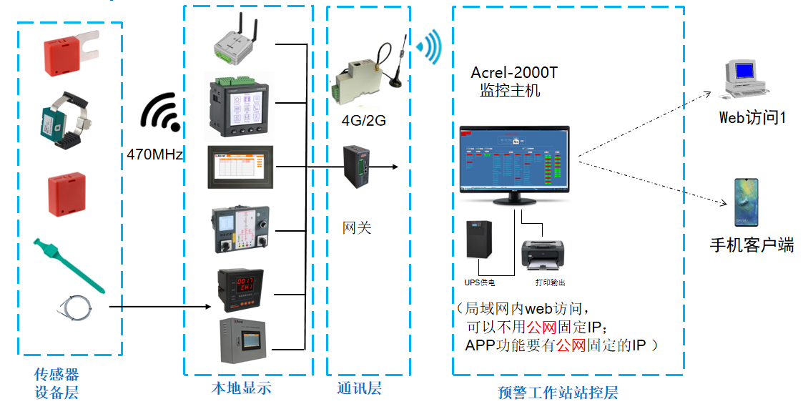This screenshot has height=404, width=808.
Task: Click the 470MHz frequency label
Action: pyautogui.click(x=155, y=154)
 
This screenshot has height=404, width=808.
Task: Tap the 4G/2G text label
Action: pyautogui.click(x=363, y=120)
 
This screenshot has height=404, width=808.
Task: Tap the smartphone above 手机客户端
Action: pyautogui.click(x=744, y=202)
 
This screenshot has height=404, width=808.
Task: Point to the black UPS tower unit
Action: pyautogui.click(x=478, y=240)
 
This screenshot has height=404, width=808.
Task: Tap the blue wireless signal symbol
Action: pyautogui.click(x=430, y=46)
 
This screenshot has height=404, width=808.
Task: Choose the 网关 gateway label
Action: pyautogui.click(x=357, y=228)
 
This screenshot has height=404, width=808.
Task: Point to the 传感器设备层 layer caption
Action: pyautogui.click(x=56, y=383)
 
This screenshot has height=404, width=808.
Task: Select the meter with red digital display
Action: pyautogui.click(x=241, y=290)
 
